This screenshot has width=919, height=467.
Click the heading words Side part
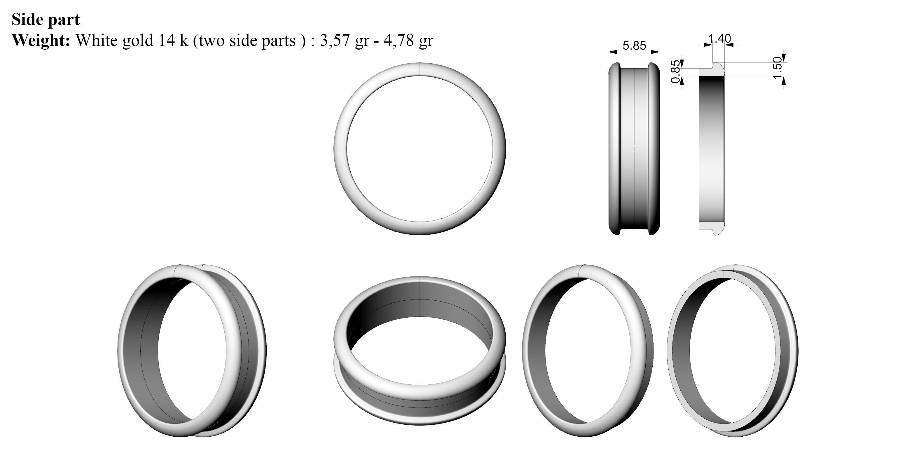[46, 19]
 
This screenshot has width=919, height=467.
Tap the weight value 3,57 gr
[344, 40]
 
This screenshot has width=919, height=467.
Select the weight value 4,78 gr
[408, 40]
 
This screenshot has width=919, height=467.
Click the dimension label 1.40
[719, 38]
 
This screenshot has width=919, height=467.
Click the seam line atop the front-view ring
[420, 69]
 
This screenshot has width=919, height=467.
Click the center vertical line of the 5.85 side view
[634, 150]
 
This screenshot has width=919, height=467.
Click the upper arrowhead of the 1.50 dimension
[784, 58]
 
